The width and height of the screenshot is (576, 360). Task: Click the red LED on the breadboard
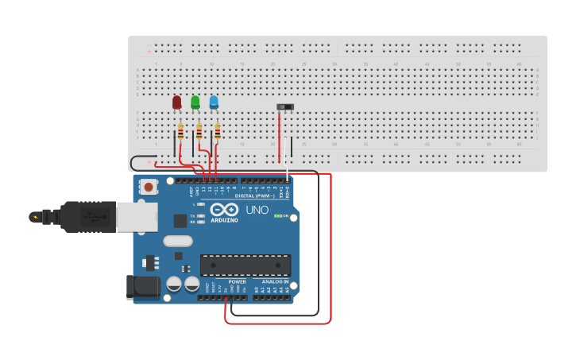pos(176,102)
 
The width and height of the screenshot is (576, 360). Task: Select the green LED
pos(195,102)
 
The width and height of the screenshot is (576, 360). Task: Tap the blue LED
pos(214,102)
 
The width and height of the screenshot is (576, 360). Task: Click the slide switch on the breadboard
pos(284,106)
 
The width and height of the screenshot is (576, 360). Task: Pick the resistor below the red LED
pos(180,132)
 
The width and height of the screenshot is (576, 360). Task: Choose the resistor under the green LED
pos(199,132)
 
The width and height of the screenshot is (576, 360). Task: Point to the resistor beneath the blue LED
pos(217,132)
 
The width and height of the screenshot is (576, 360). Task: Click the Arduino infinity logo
pos(224,210)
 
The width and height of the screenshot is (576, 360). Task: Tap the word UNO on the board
pos(256,211)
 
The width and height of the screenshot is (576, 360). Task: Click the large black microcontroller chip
pos(245,265)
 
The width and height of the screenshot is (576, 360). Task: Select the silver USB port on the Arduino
pos(137,216)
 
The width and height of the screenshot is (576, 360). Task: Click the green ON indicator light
pos(277,215)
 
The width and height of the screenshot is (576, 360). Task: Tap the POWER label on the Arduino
pos(237,281)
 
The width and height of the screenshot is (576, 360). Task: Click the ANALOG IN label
pos(275,281)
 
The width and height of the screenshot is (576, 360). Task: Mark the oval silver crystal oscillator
pos(177,241)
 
